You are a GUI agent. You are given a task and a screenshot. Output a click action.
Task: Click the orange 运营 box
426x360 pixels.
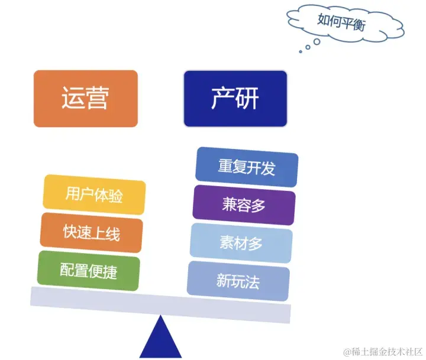click(85, 99)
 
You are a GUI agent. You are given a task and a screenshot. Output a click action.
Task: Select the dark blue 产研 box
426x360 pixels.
click(235, 99)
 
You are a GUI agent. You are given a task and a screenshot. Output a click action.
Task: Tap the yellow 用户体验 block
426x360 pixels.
click(94, 194)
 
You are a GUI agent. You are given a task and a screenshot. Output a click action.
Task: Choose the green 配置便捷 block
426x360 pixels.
click(89, 271)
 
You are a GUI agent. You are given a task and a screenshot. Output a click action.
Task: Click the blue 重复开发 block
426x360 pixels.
click(247, 167)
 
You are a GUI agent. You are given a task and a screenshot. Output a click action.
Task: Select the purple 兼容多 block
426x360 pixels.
click(244, 205)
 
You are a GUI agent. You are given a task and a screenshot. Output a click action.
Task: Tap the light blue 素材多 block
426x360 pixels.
click(241, 243)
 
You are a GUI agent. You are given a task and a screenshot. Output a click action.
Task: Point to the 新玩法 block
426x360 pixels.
click(238, 281)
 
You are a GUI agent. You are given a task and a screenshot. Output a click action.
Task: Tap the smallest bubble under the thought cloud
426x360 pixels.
click(301, 52)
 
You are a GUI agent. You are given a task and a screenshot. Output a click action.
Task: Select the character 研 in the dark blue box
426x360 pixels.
click(247, 99)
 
